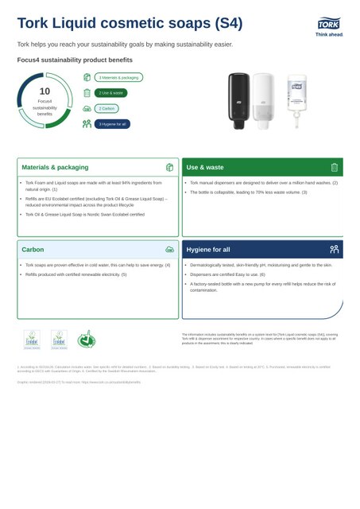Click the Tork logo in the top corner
[x=329, y=27]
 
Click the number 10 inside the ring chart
[x=45, y=91]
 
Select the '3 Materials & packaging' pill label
[x=119, y=77]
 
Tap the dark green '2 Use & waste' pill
[x=110, y=93]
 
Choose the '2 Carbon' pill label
[x=106, y=108]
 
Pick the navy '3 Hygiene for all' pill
[x=112, y=124]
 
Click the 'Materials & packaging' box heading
[x=55, y=168]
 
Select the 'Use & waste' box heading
[x=205, y=168]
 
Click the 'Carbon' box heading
[x=33, y=250]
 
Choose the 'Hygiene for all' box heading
[x=208, y=250]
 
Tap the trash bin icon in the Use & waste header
[x=335, y=168]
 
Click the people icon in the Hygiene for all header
[x=335, y=250]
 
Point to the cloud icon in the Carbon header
[x=169, y=250]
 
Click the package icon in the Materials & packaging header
[x=169, y=168]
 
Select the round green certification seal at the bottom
[x=85, y=340]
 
